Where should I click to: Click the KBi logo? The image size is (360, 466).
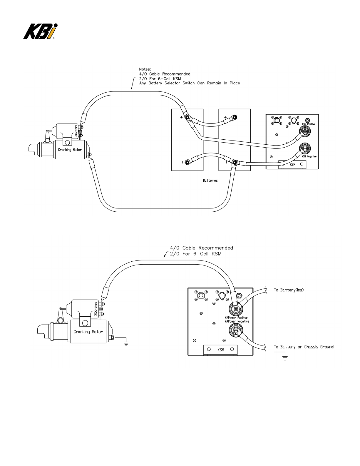pyautogui.click(x=40, y=31)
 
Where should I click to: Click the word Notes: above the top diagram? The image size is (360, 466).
pyautogui.click(x=145, y=69)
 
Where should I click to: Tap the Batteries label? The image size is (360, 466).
pyautogui.click(x=210, y=180)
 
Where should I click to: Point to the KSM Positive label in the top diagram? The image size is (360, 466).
pyautogui.click(x=309, y=124)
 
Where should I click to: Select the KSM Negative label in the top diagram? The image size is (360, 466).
pyautogui.click(x=309, y=156)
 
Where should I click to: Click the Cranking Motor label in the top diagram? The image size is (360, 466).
pyautogui.click(x=70, y=150)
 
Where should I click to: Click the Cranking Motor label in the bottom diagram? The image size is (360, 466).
pyautogui.click(x=88, y=332)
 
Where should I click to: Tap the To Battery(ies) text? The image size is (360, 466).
pyautogui.click(x=289, y=290)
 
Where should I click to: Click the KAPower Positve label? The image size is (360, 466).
pyautogui.click(x=236, y=318)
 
